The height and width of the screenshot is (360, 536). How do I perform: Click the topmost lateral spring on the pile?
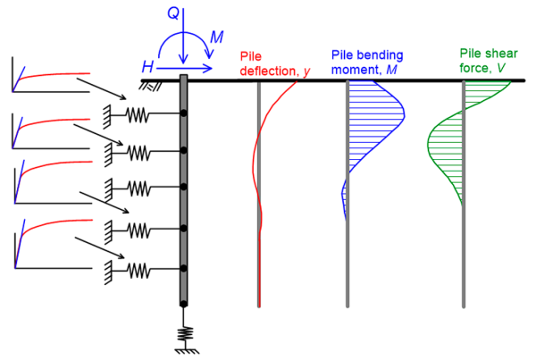click(138, 114)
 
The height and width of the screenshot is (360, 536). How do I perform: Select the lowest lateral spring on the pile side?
click(138, 268)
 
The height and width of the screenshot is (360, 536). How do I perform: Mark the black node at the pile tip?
click(183, 306)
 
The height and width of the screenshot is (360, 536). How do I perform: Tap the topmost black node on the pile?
click(183, 114)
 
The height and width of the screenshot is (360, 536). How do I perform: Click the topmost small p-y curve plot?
click(49, 75)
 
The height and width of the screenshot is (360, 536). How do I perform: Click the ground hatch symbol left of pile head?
click(150, 85)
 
